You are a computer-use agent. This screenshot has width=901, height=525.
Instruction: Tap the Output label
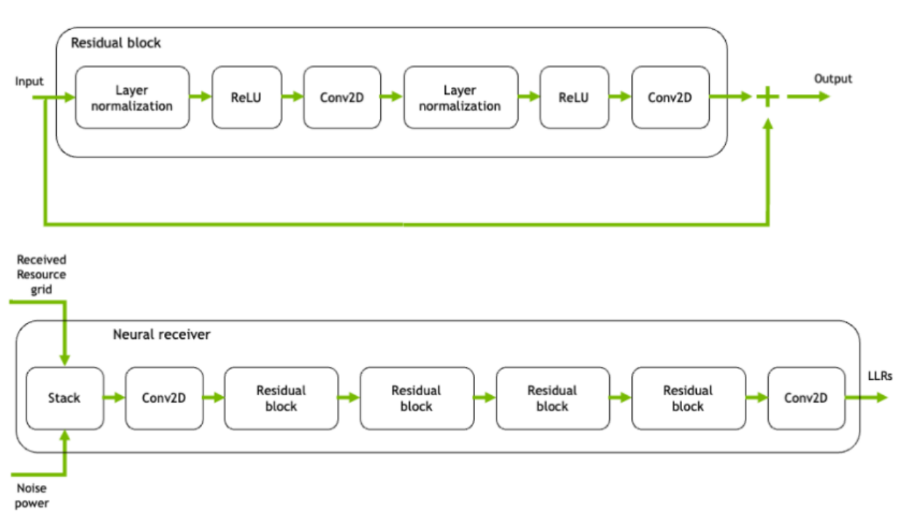pyautogui.click(x=832, y=79)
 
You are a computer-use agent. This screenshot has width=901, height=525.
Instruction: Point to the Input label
pyautogui.click(x=29, y=81)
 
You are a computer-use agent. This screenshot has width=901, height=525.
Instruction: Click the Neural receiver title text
pyautogui.click(x=161, y=335)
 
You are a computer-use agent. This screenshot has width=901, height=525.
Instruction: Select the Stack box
pyautogui.click(x=64, y=398)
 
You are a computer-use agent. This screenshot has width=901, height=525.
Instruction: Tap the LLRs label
pyautogui.click(x=880, y=376)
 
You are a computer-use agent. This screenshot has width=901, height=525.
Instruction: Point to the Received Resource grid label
pyautogui.click(x=42, y=274)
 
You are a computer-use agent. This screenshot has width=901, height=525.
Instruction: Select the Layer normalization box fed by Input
pyautogui.click(x=132, y=98)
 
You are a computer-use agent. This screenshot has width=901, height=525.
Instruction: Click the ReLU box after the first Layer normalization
pyautogui.click(x=247, y=98)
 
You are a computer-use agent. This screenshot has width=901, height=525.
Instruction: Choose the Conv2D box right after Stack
pyautogui.click(x=163, y=398)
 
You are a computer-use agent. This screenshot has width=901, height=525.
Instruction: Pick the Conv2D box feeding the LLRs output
pyautogui.click(x=805, y=398)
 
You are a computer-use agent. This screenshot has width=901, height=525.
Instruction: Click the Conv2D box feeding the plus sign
pyautogui.click(x=670, y=98)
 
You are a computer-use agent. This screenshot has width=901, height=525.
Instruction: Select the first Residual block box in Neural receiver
pyautogui.click(x=281, y=398)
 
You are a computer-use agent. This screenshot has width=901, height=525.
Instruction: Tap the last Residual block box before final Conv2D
pyautogui.click(x=688, y=398)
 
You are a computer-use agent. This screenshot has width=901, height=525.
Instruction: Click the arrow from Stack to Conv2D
pyautogui.click(x=114, y=398)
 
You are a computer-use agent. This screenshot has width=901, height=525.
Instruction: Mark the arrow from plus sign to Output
pyautogui.click(x=808, y=96)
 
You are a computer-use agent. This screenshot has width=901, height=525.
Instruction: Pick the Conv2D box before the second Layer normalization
pyautogui.click(x=341, y=98)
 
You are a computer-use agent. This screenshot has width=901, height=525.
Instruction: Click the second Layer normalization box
pyautogui.click(x=460, y=98)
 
